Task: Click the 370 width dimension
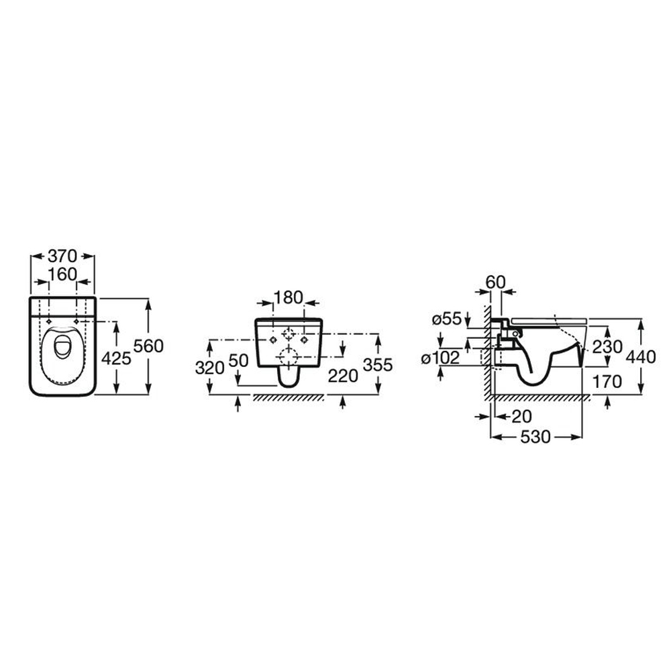click(62, 256)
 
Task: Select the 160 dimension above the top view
click(62, 274)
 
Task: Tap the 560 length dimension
click(148, 346)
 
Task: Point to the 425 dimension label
click(116, 358)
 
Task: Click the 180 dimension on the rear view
click(288, 297)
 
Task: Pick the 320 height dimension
click(209, 368)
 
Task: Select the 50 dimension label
click(238, 361)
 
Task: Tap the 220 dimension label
click(343, 376)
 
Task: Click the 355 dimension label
click(377, 364)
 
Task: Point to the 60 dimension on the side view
click(496, 282)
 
